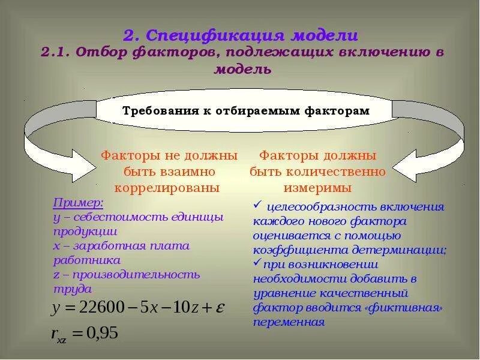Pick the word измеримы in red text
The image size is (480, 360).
tap(318, 187)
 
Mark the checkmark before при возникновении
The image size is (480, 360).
tap(256, 263)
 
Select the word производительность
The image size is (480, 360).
tap(136, 274)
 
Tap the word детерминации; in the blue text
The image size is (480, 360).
tap(409, 250)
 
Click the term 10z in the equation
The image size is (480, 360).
tap(179, 307)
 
